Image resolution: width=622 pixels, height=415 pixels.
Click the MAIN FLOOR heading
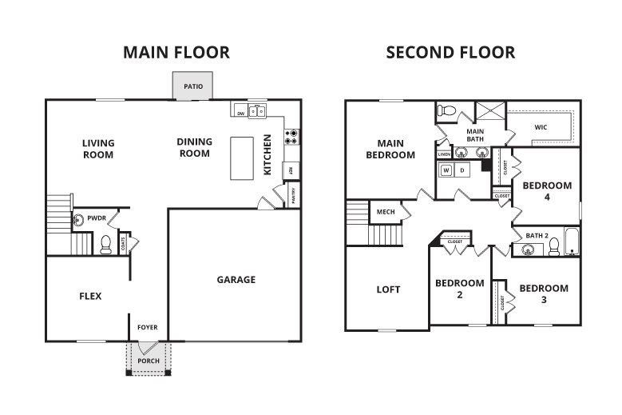point(176,53)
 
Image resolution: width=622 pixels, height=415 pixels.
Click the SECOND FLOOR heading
point(450,53)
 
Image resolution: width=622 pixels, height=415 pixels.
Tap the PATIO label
point(192,86)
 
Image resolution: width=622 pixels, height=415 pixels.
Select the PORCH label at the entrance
point(149,361)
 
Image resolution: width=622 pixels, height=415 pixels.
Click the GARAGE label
point(236,280)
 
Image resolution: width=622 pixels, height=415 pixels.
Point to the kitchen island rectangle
point(243,158)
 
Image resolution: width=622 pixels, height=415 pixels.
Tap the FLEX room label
point(90,296)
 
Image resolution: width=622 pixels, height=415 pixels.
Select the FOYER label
point(148,327)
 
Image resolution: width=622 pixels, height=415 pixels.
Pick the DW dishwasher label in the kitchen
point(240,114)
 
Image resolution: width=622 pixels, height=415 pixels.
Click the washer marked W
point(446,171)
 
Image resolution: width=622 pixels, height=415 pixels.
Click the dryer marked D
point(462,171)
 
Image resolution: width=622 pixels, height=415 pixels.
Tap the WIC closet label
point(541,126)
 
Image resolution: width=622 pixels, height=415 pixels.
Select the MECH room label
point(386,212)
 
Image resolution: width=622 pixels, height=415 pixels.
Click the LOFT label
point(388,289)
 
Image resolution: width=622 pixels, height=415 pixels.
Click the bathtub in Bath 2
point(572,241)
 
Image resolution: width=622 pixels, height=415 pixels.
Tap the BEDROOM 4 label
point(546,190)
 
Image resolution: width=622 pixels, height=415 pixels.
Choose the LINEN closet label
point(444,154)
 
